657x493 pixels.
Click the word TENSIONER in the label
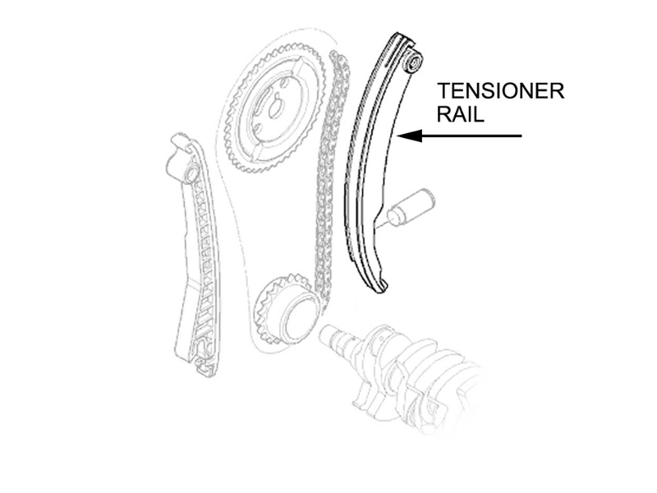click(501, 91)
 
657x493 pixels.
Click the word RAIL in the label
click(461, 113)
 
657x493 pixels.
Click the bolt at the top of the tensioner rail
click(413, 62)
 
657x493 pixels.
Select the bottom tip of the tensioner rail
click(381, 289)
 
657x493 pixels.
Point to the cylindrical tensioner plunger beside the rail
click(411, 207)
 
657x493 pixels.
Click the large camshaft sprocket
click(275, 110)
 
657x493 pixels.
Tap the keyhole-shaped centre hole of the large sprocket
click(275, 106)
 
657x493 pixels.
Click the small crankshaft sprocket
click(285, 310)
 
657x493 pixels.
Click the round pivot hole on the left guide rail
click(192, 173)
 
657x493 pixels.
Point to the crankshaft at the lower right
click(402, 369)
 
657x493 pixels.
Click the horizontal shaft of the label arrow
click(471, 136)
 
